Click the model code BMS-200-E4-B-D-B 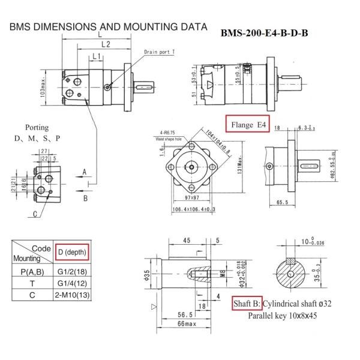tap(265, 32)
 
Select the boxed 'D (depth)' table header tap(72, 252)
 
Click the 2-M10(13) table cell tap(72, 295)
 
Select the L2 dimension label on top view tap(105, 44)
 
